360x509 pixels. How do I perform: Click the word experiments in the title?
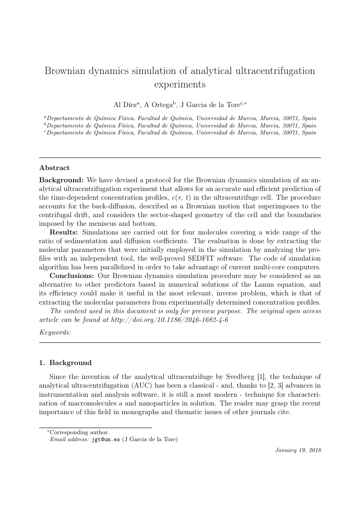[180, 84]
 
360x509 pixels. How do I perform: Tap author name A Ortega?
[159, 104]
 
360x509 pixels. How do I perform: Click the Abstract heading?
[54, 167]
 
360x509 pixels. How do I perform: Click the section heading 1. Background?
[65, 363]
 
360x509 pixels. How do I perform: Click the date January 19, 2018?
[298, 450]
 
